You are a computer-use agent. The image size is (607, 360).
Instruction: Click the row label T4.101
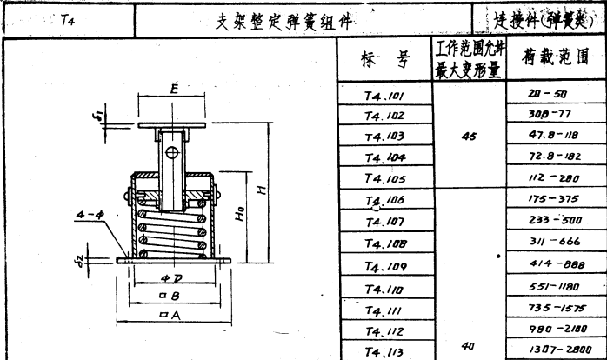coord(384,94)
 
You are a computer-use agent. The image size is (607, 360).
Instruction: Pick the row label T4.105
coord(384,179)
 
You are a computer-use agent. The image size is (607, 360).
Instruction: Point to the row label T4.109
coord(384,267)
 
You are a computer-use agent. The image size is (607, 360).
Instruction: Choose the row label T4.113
coord(384,351)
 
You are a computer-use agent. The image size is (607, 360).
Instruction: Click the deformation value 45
coord(469,136)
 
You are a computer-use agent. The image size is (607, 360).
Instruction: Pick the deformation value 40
coord(469,345)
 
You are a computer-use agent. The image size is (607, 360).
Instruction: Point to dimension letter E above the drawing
coord(175,90)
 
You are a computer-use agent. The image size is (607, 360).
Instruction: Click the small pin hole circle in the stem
coord(172,154)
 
